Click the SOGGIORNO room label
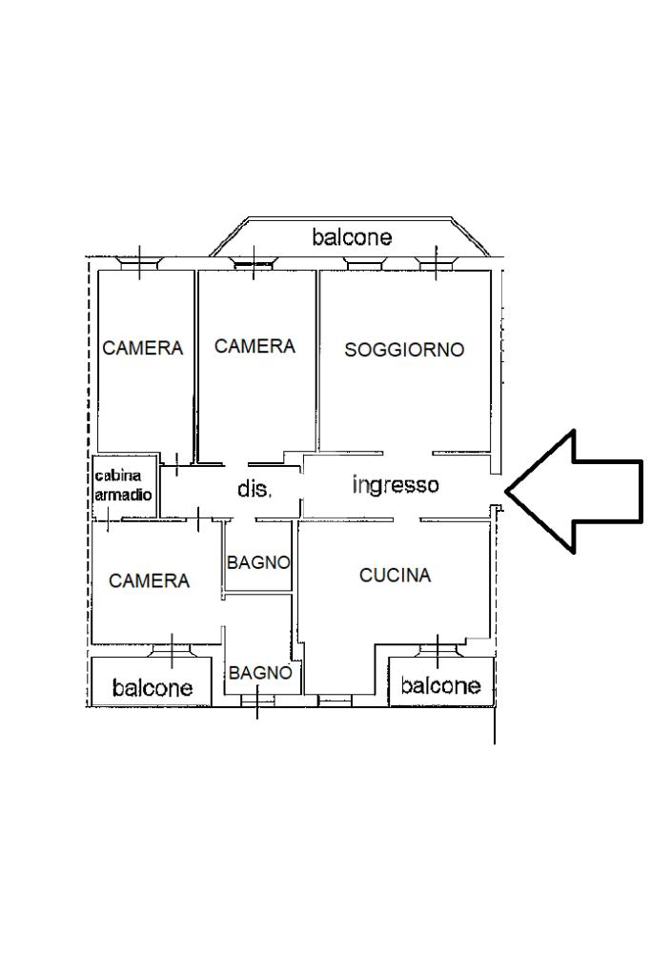(404, 350)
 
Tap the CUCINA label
(395, 576)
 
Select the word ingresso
(396, 485)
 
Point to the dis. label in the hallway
(254, 489)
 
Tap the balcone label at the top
(352, 237)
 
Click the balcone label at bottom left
(152, 687)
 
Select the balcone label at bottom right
(440, 685)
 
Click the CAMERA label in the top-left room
(142, 349)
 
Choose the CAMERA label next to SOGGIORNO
(254, 347)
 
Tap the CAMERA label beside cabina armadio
(149, 580)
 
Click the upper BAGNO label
(258, 563)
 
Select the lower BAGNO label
(260, 673)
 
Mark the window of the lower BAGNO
(256, 701)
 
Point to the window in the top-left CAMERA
(139, 262)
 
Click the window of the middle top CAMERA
(254, 262)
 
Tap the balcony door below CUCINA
(437, 651)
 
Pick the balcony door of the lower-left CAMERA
(172, 651)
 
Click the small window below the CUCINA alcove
(334, 701)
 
